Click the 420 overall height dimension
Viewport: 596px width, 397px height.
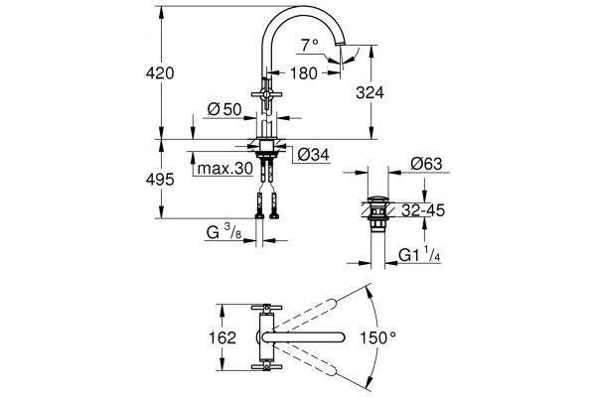tap(160, 72)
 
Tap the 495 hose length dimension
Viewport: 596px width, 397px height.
tap(160, 180)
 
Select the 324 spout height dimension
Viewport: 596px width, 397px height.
tap(370, 92)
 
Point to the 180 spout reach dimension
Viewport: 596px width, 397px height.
tap(303, 73)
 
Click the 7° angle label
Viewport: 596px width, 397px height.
tap(310, 46)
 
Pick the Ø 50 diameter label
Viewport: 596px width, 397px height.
tap(224, 110)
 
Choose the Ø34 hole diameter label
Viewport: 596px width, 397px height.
tap(313, 155)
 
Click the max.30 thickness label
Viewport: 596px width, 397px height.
tap(225, 168)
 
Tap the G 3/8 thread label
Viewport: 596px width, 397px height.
tap(223, 231)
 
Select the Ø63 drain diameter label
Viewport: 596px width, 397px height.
tap(426, 164)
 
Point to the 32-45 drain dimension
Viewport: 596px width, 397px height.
tap(423, 210)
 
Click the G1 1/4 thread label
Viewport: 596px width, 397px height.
tap(419, 254)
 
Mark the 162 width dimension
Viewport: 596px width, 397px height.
tap(223, 337)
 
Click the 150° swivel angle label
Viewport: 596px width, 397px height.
tap(378, 337)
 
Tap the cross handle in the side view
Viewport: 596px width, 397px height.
tap(266, 94)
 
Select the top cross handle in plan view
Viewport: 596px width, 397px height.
tap(266, 307)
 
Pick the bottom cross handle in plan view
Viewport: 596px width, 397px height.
tap(266, 367)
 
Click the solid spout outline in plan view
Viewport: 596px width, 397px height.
tap(303, 337)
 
